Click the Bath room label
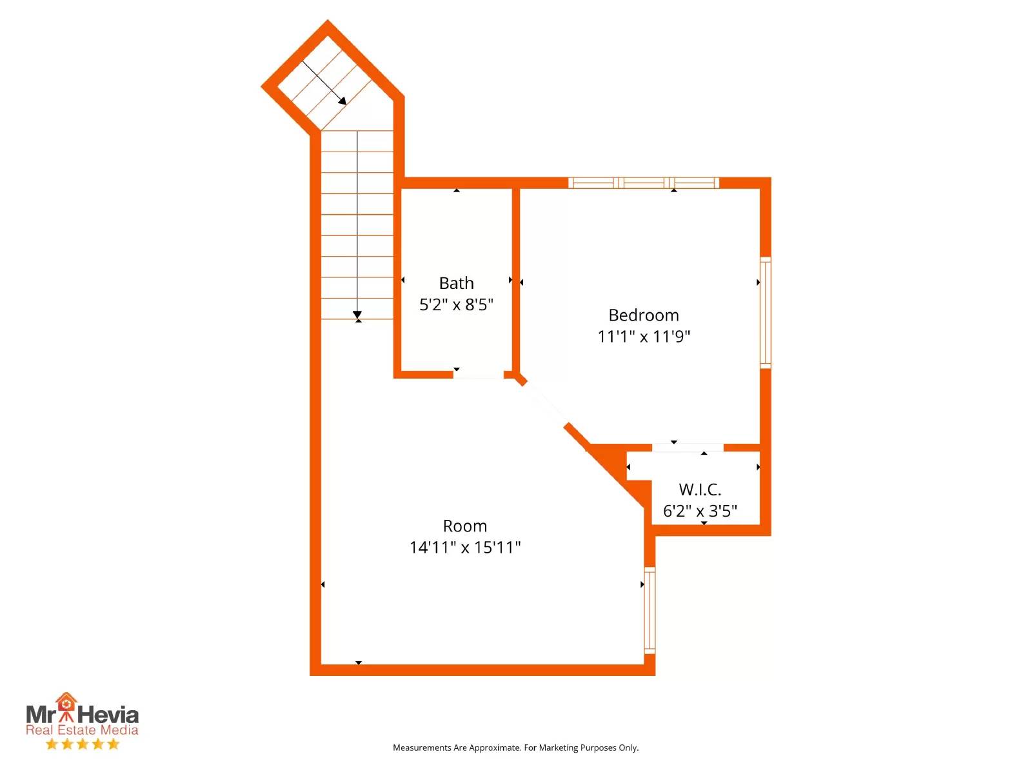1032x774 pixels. coord(456,283)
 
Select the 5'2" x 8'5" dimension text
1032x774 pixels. coord(456,305)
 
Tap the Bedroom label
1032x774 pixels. coord(644,315)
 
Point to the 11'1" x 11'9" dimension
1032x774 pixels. coord(644,337)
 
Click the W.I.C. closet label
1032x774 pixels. coord(700,490)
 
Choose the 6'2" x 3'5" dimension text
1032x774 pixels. coord(700,511)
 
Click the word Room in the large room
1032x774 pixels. coord(465,526)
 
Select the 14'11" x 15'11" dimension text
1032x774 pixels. coord(465,548)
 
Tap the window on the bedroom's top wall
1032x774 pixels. coord(644,183)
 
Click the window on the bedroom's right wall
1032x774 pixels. coord(766,313)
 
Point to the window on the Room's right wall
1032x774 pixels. coord(650,610)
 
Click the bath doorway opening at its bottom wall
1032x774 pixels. coord(478,375)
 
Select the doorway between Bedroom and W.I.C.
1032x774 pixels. coord(688,448)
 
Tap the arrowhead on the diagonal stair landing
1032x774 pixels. coord(343,101)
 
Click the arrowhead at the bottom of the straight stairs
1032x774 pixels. coord(357,315)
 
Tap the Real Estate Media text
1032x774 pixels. coord(83,730)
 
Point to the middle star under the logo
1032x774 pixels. coord(83,744)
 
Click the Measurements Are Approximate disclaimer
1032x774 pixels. coord(516,748)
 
